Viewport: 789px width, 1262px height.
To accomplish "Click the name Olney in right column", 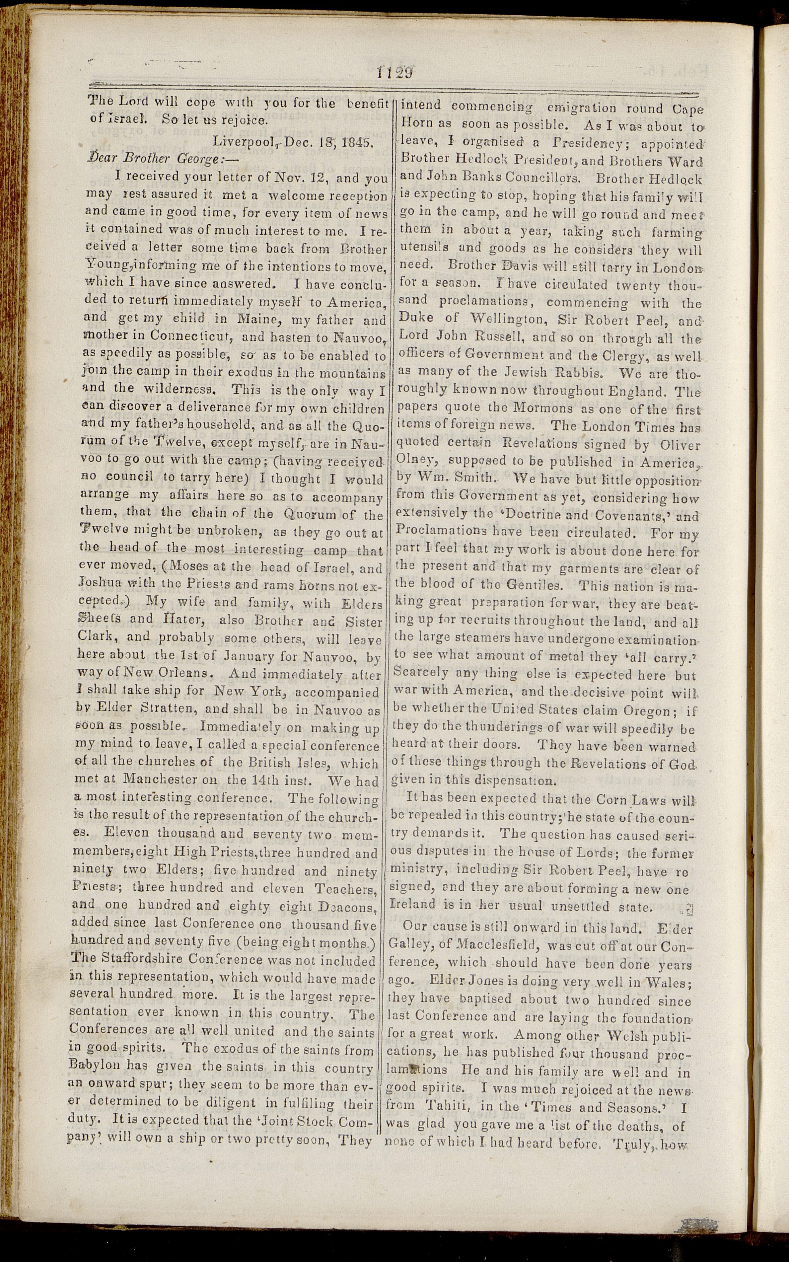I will [x=413, y=462].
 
